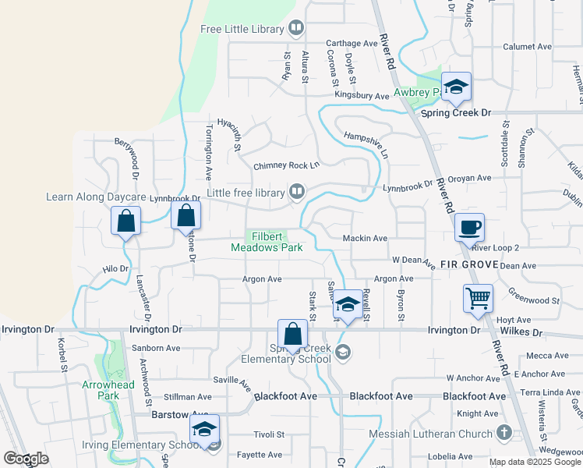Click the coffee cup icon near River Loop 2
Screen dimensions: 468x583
pyautogui.click(x=469, y=228)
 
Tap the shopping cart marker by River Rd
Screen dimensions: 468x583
pyautogui.click(x=478, y=298)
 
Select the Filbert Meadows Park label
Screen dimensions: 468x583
pyautogui.click(x=266, y=242)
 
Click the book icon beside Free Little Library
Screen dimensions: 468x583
pyautogui.click(x=296, y=30)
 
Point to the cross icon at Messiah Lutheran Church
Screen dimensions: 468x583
pyautogui.click(x=504, y=431)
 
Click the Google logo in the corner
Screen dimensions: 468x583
pyautogui.click(x=26, y=459)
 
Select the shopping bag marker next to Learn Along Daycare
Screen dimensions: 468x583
pyautogui.click(x=125, y=222)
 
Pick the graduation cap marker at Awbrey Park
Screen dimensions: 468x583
pyautogui.click(x=455, y=87)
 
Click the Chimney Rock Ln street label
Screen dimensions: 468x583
pyautogui.click(x=287, y=166)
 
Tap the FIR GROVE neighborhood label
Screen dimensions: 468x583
pyautogui.click(x=468, y=265)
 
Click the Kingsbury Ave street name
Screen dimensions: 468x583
pyautogui.click(x=362, y=96)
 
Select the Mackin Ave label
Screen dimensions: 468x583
pyautogui.click(x=365, y=239)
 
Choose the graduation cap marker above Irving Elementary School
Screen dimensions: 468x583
pyautogui.click(x=204, y=429)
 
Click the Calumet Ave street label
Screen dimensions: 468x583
pyautogui.click(x=527, y=47)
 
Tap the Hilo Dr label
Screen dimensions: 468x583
pyautogui.click(x=115, y=268)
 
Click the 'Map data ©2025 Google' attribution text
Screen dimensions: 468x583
pyautogui.click(x=534, y=462)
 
